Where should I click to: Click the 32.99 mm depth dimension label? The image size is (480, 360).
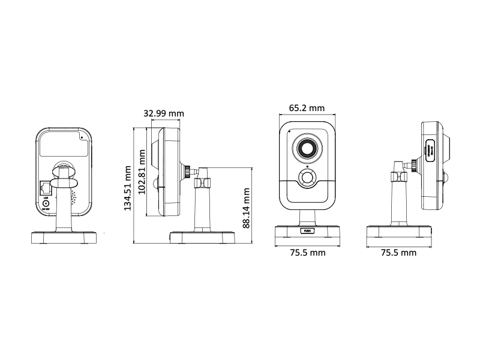click(164, 113)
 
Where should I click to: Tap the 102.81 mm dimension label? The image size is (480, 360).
click(142, 171)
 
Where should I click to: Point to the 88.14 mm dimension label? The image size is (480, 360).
click(246, 208)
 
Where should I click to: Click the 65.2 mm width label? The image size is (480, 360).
click(307, 108)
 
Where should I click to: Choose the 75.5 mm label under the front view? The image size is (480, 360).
click(307, 253)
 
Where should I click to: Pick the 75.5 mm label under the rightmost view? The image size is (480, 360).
click(398, 253)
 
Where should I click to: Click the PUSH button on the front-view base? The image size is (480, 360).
click(307, 230)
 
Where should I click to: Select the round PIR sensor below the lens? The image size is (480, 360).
click(308, 178)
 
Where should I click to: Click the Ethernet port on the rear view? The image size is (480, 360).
click(46, 188)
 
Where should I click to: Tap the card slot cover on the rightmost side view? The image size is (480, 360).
click(431, 150)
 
